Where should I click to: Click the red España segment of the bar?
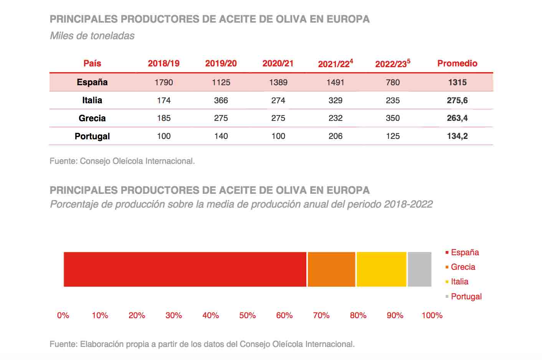pos(185,269)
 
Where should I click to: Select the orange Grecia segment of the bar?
pos(331,269)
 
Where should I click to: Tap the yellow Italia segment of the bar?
pos(381,269)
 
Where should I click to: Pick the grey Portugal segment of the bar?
pos(419,269)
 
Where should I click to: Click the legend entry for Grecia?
pos(463,267)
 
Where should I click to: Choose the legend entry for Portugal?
pos(466,297)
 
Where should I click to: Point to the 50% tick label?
pos(247,315)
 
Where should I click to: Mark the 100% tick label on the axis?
pos(432,315)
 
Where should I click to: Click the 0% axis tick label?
pos(63,315)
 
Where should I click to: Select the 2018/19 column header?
pos(164,64)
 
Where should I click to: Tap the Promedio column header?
pos(457,64)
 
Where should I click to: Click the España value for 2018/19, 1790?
pos(164,83)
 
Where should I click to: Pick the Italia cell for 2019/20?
pos(221,101)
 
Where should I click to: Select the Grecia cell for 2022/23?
pos(393,118)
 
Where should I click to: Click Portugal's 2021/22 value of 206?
pos(335,136)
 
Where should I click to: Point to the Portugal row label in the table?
pos(92,136)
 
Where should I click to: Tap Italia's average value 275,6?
pos(457,101)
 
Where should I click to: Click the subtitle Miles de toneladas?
pos(92,36)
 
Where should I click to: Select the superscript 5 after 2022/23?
pos(408,61)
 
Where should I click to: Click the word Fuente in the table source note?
pos(63,161)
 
